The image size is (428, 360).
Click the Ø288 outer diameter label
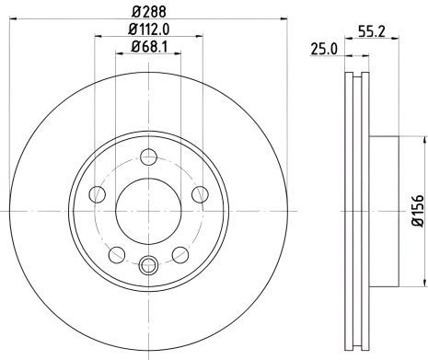coord(149,13)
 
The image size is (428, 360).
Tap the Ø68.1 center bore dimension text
coord(151,47)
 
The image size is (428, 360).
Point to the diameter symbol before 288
coord(136,13)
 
